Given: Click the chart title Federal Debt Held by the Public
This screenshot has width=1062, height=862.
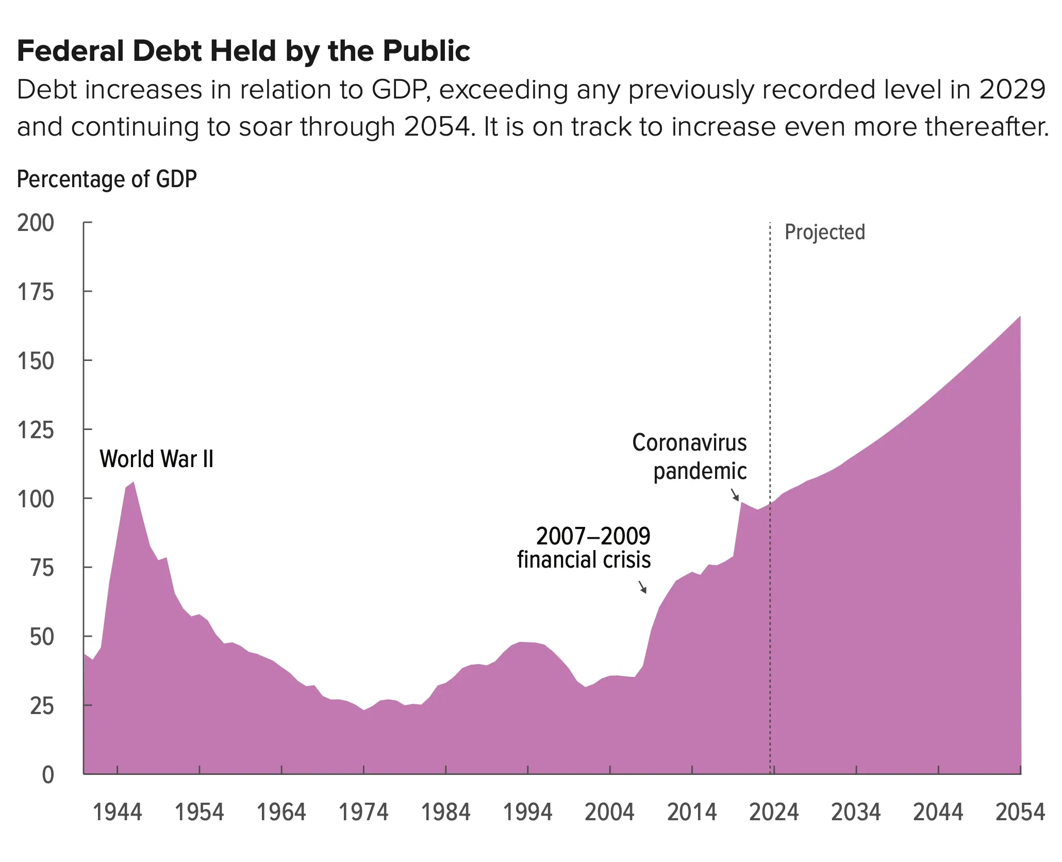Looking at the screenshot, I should tap(243, 51).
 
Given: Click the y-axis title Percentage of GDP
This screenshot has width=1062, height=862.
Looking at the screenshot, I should tap(107, 179).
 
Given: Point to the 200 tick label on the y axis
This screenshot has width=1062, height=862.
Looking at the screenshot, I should tap(36, 223).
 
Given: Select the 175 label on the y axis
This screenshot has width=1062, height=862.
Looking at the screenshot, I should tap(36, 292).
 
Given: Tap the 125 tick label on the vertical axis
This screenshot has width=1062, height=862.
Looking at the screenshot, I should tap(36, 430).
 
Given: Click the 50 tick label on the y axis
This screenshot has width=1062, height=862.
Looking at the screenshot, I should tap(42, 637).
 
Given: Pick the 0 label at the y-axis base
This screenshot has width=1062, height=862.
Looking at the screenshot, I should tap(47, 775).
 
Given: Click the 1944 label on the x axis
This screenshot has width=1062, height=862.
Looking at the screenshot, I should tap(117, 813).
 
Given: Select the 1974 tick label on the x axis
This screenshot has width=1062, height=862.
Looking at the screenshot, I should tap(363, 813).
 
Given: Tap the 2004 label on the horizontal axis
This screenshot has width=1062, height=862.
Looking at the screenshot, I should tap(609, 813).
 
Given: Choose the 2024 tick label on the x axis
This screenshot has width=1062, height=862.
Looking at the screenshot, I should tap(774, 813).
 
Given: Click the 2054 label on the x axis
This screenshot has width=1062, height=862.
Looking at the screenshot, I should tap(1020, 813).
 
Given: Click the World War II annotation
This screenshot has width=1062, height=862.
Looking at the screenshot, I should tap(156, 459).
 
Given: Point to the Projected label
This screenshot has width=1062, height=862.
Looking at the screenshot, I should tap(824, 233).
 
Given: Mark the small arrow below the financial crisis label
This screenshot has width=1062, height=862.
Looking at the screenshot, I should tap(642, 587).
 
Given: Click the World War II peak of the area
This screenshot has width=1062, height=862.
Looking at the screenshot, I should tap(134, 483).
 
